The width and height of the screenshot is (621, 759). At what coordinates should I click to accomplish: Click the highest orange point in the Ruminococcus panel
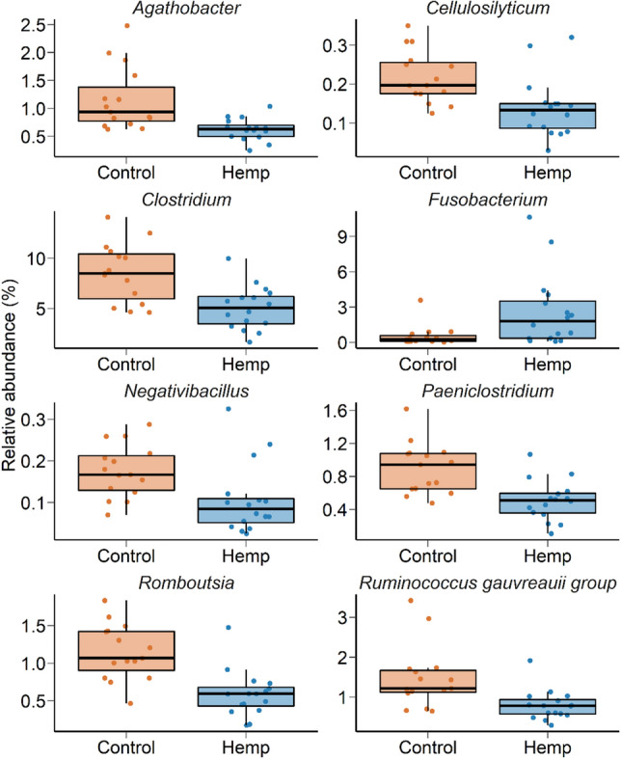click(410, 600)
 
